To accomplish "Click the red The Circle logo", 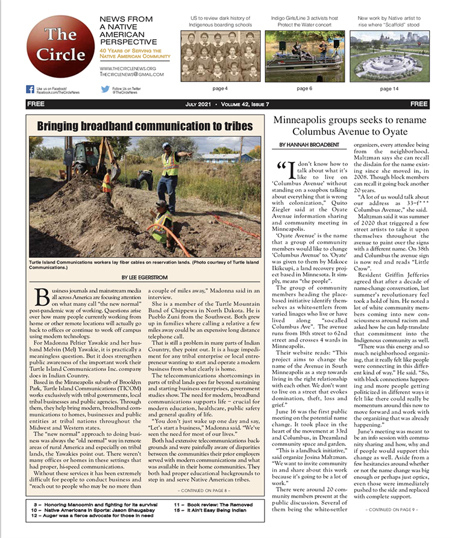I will pos(60,46).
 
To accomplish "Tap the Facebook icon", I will pos(30,89).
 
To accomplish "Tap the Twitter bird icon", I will pos(105,89).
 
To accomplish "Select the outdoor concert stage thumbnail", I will pos(305,56).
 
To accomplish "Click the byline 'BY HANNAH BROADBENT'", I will pos(305,145).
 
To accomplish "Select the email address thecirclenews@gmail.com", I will pos(128,75).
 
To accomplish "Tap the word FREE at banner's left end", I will pos(36,104).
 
